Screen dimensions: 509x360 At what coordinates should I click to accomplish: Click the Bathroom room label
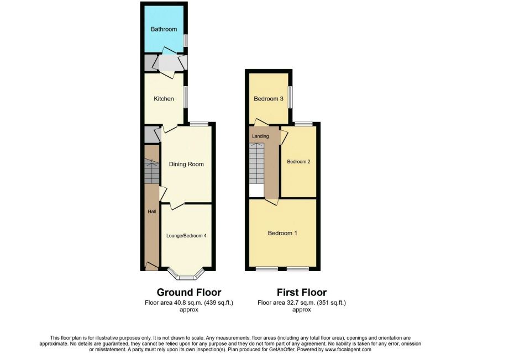[x=164, y=29]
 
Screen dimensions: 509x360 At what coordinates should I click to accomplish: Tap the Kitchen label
[x=164, y=99]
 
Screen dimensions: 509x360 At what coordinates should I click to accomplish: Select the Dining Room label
[x=186, y=164]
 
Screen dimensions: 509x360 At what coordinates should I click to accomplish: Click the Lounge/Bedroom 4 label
[x=186, y=236]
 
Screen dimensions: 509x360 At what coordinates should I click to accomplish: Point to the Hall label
[x=152, y=211]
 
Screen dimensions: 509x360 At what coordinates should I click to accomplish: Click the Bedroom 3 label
[x=269, y=99]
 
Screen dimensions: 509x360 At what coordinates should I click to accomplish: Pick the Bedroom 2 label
[x=298, y=162]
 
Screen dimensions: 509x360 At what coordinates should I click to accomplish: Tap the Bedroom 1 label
[x=282, y=233]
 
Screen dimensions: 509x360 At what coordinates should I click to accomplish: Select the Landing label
[x=260, y=136]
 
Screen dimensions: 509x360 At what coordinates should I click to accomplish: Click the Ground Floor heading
[x=189, y=292]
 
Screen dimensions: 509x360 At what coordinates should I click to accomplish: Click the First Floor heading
[x=302, y=292]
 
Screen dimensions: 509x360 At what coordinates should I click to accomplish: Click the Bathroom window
[x=185, y=40]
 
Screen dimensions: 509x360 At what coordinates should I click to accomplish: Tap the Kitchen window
[x=185, y=97]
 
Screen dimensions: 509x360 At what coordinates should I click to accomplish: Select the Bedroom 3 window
[x=290, y=97]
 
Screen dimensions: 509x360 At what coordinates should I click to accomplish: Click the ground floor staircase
[x=152, y=171]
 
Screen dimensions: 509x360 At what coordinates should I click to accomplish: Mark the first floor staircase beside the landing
[x=257, y=164]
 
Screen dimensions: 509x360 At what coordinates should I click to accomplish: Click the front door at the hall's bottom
[x=151, y=267]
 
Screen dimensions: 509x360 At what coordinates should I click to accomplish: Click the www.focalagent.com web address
[x=348, y=350]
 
